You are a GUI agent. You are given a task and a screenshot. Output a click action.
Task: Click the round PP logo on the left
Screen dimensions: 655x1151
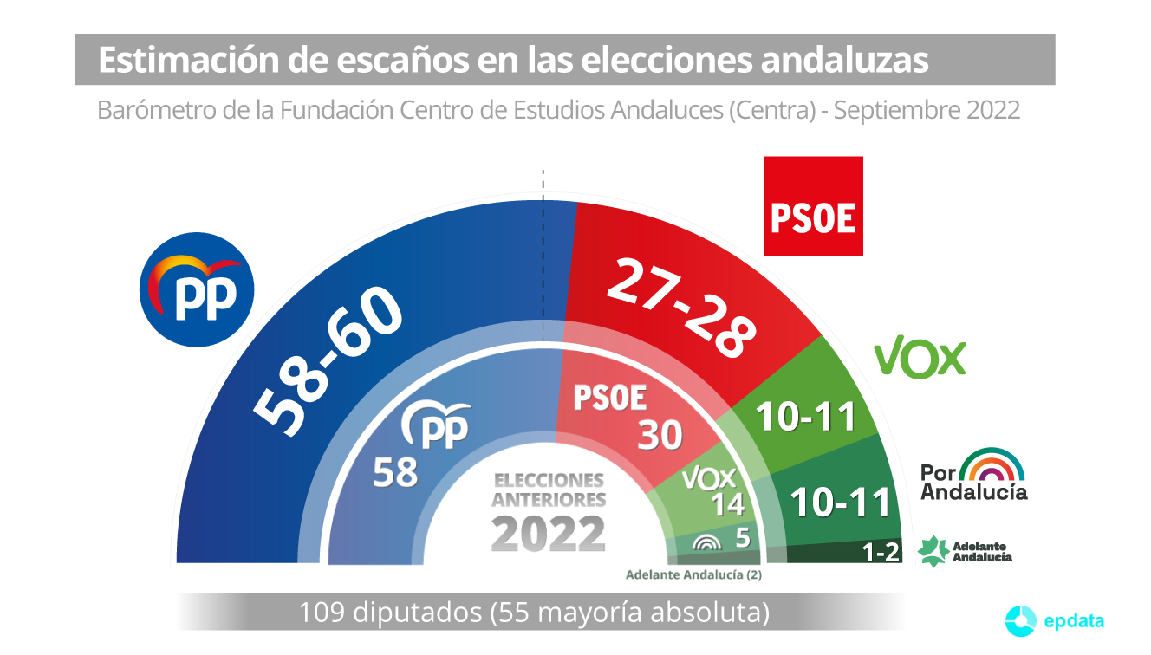(197, 290)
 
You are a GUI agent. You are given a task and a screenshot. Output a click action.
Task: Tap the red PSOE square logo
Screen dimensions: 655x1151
(813, 206)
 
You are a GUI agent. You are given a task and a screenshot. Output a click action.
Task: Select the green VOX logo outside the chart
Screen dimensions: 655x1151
(920, 357)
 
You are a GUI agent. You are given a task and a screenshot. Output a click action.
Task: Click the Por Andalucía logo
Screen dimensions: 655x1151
(974, 475)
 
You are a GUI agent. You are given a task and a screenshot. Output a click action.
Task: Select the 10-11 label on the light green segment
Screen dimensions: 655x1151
(806, 417)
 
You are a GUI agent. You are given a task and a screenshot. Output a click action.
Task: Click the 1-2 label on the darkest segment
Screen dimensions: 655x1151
(881, 552)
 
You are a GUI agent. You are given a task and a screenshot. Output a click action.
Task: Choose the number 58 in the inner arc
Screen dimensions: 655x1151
(395, 473)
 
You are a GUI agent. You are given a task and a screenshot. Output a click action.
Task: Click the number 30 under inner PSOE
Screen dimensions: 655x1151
(660, 435)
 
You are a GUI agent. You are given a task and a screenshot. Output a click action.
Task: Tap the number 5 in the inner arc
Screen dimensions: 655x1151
(742, 538)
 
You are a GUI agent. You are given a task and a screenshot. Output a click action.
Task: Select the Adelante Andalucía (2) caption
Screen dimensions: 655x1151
(693, 574)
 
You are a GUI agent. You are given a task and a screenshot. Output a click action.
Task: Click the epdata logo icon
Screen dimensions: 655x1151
(1020, 619)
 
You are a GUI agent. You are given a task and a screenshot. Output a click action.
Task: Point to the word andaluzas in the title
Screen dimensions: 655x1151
(845, 60)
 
